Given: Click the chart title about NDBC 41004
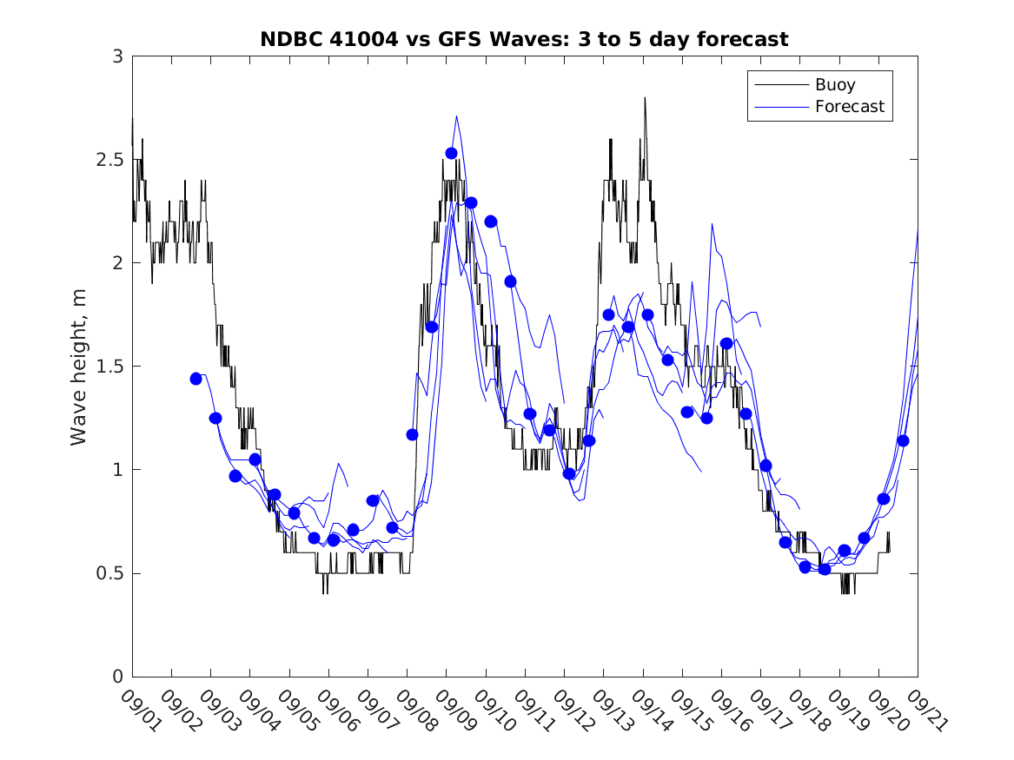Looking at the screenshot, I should tap(524, 39).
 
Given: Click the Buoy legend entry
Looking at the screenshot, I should tap(835, 85).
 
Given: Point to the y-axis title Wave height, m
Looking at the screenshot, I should tap(79, 366).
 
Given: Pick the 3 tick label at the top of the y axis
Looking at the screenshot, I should tap(116, 56).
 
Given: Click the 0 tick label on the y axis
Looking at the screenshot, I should tap(116, 677).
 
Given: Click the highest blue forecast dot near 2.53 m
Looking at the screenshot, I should tap(452, 153).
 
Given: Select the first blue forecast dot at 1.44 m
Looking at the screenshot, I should tap(196, 379).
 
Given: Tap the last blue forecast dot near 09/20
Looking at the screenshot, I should tap(904, 440).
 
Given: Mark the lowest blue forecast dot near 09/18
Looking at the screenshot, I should tap(825, 569).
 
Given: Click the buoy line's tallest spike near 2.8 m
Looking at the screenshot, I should tap(645, 98).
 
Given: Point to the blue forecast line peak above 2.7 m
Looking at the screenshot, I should tap(456, 116).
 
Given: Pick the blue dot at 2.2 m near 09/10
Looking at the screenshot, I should tap(491, 221).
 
